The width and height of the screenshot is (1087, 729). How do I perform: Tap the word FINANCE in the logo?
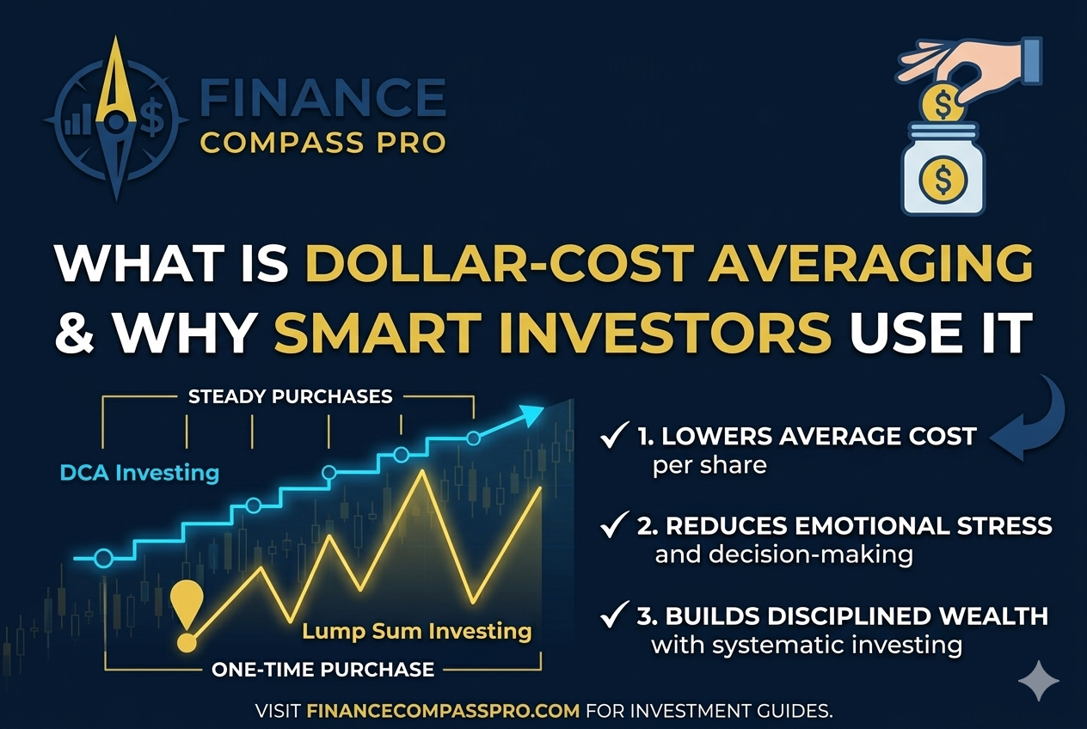322,97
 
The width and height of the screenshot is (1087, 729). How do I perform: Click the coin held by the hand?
942,104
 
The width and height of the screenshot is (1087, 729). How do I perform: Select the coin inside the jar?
943,180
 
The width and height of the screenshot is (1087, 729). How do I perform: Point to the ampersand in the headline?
75,333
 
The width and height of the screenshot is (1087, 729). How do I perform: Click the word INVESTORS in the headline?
553,333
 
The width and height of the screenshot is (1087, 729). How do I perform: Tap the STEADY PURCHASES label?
290,396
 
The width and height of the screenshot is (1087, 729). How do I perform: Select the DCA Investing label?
139,473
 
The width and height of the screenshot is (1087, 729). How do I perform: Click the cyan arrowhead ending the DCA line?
531,416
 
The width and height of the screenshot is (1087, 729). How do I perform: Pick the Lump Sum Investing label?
417,632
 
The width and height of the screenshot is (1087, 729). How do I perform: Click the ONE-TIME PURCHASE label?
322,670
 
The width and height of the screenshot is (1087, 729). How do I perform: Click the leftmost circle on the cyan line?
103,558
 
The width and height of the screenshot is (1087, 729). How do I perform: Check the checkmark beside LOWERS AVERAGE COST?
614,435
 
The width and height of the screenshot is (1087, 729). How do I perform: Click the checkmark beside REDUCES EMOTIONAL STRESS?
614,524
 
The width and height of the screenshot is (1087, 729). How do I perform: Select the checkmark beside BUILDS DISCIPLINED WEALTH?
614,614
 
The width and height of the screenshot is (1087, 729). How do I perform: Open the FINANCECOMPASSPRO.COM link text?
443,711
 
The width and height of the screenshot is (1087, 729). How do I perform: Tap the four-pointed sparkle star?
1039,681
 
